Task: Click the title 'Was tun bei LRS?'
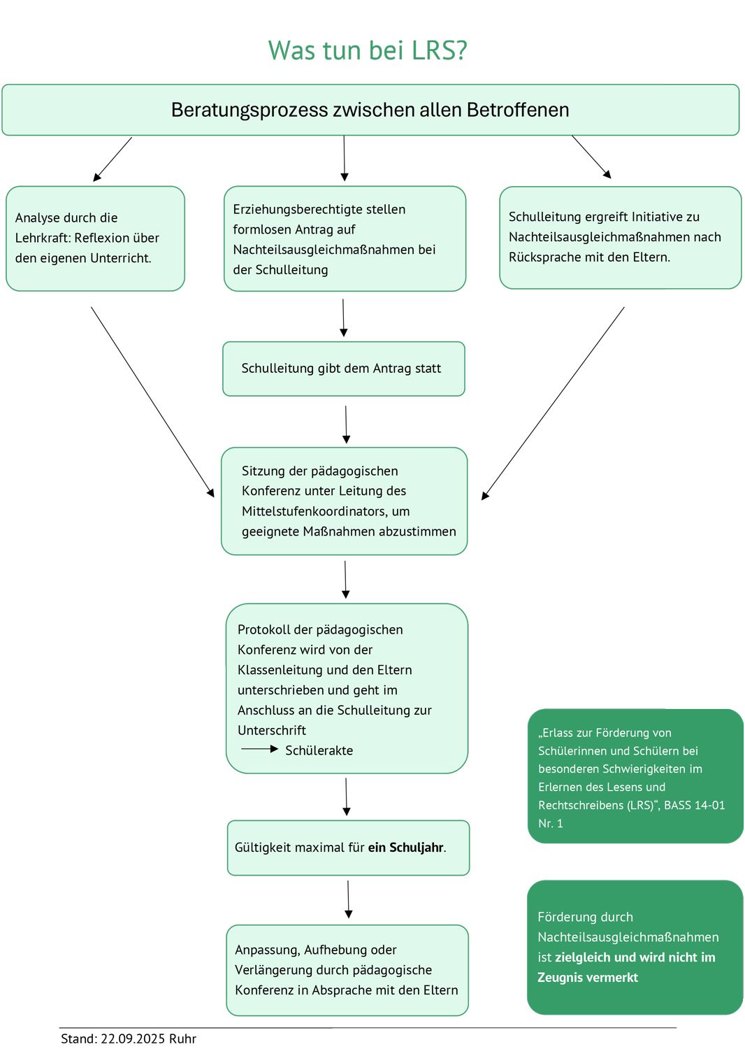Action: pos(368,50)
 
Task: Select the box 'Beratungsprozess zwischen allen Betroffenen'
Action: pos(370,110)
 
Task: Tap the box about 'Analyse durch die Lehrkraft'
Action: pos(95,238)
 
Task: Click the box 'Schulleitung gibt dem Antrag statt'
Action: pos(343,369)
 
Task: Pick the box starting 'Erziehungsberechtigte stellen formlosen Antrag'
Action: pos(345,238)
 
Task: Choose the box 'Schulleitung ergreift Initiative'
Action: pos(620,237)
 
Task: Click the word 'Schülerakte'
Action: pos(319,750)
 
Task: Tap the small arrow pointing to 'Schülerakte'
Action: pos(259,749)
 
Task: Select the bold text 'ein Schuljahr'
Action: pos(405,848)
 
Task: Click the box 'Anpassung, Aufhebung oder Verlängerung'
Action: pos(347,970)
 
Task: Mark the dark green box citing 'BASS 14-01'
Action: pos(635,776)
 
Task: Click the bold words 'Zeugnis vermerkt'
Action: pos(588,978)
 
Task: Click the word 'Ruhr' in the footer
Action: pos(182,1039)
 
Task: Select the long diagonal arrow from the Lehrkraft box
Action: pos(152,401)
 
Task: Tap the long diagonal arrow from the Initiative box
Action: pos(553,403)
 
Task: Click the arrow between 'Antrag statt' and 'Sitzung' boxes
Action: pos(346,424)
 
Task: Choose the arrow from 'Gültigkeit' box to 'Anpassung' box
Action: pos(348,899)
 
